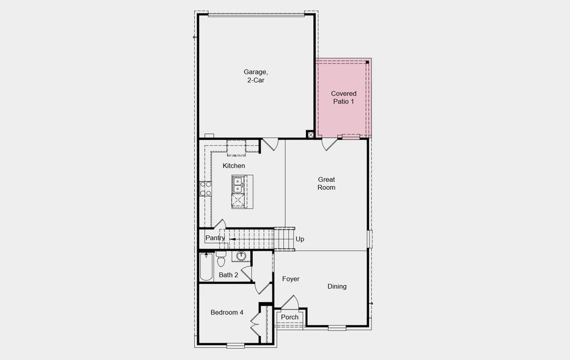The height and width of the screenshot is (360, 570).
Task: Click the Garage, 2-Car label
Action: [255, 76]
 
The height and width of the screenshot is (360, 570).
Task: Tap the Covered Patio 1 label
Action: [344, 97]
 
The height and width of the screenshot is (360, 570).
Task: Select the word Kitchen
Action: [233, 166]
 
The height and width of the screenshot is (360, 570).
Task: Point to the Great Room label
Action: [326, 184]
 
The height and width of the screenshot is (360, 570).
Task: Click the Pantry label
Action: [215, 238]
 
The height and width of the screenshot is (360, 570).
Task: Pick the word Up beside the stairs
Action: [300, 239]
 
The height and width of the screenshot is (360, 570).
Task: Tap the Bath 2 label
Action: [229, 275]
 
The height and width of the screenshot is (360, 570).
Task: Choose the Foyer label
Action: [290, 279]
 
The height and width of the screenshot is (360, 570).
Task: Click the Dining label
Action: [337, 287]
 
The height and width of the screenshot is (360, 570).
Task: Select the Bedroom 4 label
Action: [227, 313]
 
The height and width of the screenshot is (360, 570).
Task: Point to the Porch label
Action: [290, 317]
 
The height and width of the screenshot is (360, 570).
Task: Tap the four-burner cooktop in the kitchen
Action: [205, 189]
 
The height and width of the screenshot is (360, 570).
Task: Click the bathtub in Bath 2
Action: [206, 267]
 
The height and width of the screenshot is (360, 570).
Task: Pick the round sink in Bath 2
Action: [241, 257]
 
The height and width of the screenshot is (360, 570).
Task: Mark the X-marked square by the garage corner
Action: [310, 135]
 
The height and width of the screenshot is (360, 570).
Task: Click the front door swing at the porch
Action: [290, 302]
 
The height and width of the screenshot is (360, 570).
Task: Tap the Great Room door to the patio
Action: [329, 144]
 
